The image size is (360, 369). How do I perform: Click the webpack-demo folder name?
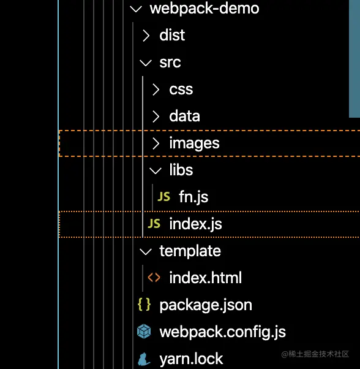204,9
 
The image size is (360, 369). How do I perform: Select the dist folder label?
172,36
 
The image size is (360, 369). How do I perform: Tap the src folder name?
170,63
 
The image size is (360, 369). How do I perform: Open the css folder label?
181,89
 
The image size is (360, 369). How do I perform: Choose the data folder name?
184,116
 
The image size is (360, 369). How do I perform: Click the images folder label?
194,143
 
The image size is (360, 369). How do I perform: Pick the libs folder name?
181,170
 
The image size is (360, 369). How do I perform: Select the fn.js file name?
193,197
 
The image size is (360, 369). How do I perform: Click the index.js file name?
195,224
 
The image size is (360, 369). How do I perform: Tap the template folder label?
190,251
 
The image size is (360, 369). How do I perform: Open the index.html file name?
205,278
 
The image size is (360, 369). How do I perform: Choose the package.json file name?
206,305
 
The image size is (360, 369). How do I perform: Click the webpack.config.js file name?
222,332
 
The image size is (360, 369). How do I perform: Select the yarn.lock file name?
191,359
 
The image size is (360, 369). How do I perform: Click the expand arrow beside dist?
146,36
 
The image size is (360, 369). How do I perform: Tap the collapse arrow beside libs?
156,170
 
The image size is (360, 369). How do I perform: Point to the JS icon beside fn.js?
164,197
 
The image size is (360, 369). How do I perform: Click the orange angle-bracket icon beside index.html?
154,278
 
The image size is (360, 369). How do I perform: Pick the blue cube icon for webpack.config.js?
144,332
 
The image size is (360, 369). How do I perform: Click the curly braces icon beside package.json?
144,305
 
